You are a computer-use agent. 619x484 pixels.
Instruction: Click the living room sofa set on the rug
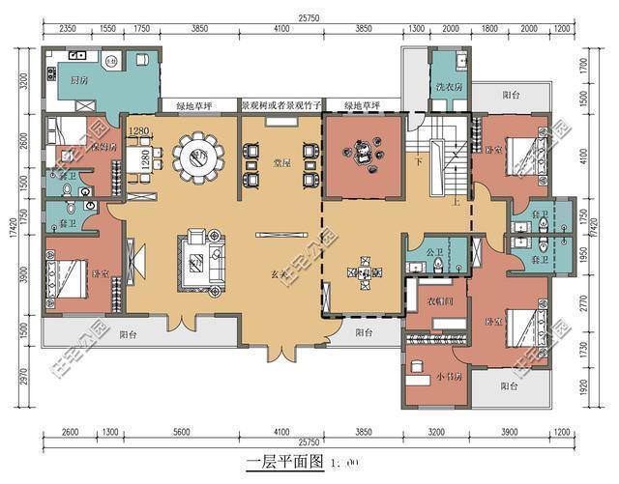point(199,256)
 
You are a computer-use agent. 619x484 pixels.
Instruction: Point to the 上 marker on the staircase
point(455,201)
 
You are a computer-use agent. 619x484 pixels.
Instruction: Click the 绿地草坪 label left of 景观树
point(196,104)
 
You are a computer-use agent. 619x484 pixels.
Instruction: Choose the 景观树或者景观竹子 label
point(280,104)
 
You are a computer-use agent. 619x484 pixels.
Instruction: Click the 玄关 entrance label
point(279,273)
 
